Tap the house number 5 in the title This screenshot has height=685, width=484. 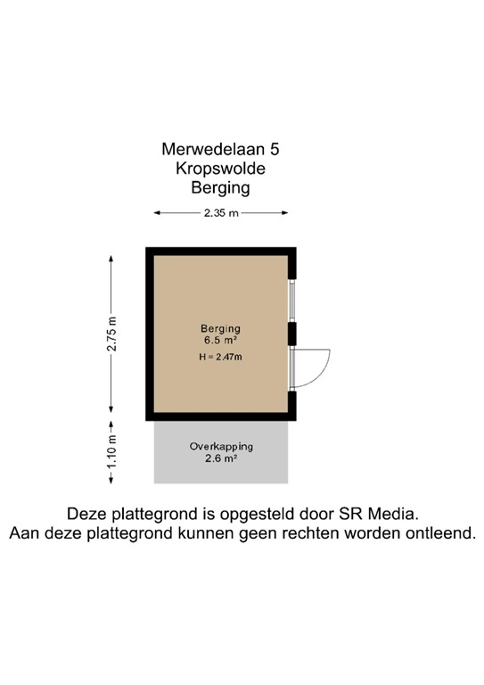coord(284,151)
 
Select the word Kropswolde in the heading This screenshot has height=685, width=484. coord(220,169)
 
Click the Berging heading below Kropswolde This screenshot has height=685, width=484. coord(220,188)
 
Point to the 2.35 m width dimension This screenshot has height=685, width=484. coord(221,213)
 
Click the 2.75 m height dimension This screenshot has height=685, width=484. coord(112,334)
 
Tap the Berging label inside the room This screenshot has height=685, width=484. coord(220,327)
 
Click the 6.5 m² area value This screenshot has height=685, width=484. coord(220,340)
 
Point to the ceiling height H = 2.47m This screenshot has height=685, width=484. coord(220,357)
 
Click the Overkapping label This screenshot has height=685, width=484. coord(221,446)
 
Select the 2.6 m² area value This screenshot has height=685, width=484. coord(221,458)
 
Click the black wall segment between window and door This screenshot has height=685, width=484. coord(291,334)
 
